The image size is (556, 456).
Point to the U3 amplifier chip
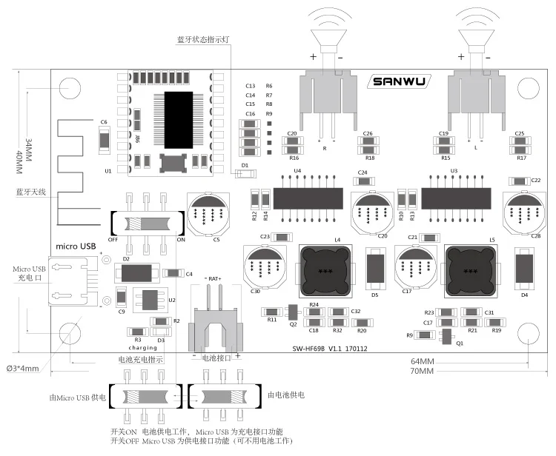(456, 198)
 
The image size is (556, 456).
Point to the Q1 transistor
(446, 338)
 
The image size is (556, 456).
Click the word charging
(143, 346)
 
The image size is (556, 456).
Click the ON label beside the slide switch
(180, 240)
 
